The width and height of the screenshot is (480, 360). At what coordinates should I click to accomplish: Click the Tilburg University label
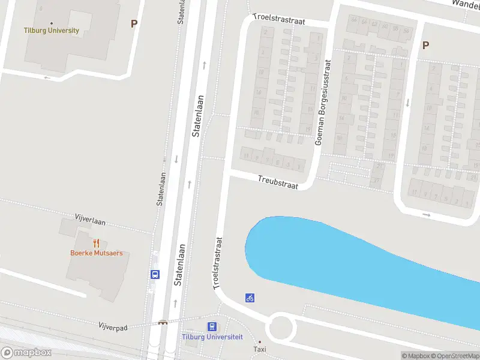coord(51,31)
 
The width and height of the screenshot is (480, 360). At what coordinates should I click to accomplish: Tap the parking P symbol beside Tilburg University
coord(134,24)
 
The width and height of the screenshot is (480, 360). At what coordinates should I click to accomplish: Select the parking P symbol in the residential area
coord(425,45)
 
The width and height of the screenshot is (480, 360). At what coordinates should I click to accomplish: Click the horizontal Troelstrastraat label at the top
coord(279,20)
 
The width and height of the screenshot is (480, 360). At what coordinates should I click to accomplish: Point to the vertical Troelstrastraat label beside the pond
coord(218,263)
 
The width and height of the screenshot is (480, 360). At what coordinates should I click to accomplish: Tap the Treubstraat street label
coord(278,182)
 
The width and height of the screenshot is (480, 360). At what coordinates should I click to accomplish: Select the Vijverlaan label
coord(90,220)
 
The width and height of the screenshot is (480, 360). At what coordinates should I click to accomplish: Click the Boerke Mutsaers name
coord(96,253)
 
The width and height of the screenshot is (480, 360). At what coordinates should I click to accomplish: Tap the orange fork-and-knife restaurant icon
coord(96,243)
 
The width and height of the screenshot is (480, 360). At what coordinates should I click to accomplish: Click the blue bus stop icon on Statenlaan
coord(155,274)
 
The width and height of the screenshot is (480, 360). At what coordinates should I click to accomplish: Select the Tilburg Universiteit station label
coord(212,337)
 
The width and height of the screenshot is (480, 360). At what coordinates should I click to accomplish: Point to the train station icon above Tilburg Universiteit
coord(212,327)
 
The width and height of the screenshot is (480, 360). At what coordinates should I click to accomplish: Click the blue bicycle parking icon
coord(250,298)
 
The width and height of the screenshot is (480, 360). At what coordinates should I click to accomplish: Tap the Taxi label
coord(260,349)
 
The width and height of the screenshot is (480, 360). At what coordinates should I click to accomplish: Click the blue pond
coord(336,258)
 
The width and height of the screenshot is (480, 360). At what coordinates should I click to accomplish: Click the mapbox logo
coord(26,352)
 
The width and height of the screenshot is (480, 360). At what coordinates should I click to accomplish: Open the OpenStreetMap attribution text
coord(456,356)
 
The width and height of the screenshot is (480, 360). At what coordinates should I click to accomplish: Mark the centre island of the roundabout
coord(281,328)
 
